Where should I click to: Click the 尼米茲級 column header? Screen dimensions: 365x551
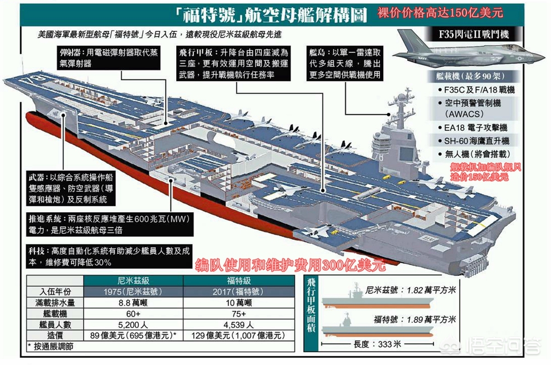click(132, 281)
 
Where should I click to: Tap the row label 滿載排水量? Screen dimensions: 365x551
click(55, 303)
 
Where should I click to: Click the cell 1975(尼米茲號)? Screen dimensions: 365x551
click(132, 292)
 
